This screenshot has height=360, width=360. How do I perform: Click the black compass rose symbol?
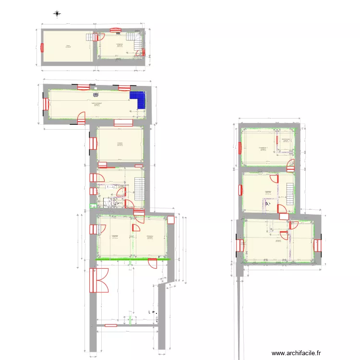(x=57, y=14)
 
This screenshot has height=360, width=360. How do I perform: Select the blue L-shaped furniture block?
(x=138, y=100)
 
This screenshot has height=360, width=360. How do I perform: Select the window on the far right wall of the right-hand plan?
(x=317, y=245)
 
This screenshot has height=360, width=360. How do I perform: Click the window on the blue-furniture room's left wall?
(x=46, y=104)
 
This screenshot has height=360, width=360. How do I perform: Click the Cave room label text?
(x=68, y=46)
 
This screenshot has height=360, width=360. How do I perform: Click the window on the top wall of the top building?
(x=115, y=29)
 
